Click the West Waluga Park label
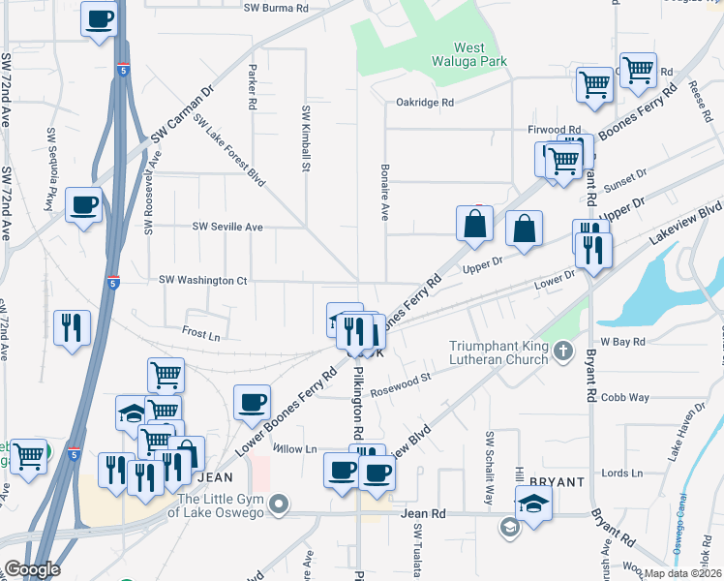pos(481,54)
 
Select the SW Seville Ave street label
pos(227,227)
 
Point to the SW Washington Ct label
pos(203,281)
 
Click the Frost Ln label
pos(201,333)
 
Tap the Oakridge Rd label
pos(425,102)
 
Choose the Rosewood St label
pos(401,390)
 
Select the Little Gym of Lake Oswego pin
pos(280,504)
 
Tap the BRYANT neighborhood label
pos(557,481)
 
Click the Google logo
pos(32,568)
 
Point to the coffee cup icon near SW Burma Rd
pos(99,19)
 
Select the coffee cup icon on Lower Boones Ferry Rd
pos(252,402)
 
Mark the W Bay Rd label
pos(620,342)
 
